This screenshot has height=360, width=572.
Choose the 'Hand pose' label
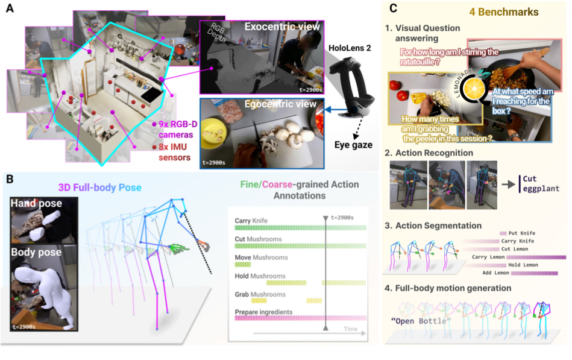click(x=37, y=203)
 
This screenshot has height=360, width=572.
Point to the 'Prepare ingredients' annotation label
click(x=264, y=312)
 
